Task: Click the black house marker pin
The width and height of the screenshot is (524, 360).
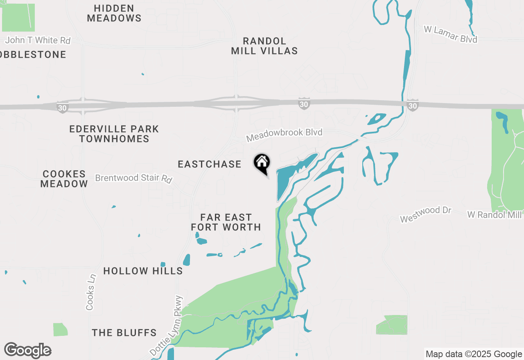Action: (262, 163)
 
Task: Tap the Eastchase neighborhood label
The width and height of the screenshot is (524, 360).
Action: (210, 164)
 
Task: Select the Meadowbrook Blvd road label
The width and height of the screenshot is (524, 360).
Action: (284, 135)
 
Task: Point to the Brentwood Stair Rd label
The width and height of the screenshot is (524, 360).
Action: (133, 178)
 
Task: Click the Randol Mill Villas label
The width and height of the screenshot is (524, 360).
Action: (264, 46)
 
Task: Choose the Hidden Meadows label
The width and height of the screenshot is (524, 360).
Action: (114, 13)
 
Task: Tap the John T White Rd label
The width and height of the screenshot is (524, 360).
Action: (38, 40)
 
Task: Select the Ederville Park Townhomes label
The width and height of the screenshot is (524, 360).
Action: (114, 134)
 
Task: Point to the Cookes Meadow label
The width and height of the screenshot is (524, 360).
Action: (64, 179)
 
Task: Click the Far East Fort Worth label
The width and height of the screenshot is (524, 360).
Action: (226, 222)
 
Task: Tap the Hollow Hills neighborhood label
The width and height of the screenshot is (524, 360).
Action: (143, 271)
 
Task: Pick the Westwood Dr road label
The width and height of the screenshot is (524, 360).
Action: (425, 214)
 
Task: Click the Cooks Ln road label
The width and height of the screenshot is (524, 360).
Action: (90, 292)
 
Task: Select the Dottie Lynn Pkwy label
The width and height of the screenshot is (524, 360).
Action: (166, 326)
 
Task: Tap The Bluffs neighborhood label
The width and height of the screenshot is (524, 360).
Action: (124, 333)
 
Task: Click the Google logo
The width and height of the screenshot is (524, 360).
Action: (28, 350)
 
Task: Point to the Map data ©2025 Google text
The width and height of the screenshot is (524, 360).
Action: (474, 354)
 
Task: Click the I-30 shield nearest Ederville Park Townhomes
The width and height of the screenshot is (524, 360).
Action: (62, 107)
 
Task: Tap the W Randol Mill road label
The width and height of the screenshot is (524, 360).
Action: (495, 214)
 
